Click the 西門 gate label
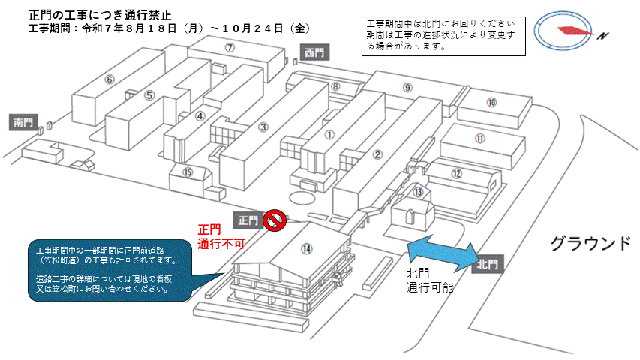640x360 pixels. pyautogui.click(x=314, y=52)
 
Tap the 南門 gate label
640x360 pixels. pyautogui.click(x=23, y=122)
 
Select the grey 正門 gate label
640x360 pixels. pyautogui.click(x=248, y=220)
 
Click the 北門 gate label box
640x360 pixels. pyautogui.click(x=488, y=265)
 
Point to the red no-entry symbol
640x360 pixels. pyautogui.click(x=275, y=220)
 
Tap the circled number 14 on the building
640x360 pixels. pyautogui.click(x=306, y=248)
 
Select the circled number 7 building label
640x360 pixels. pyautogui.click(x=230, y=48)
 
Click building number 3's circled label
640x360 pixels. pyautogui.click(x=263, y=127)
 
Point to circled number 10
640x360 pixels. pyautogui.click(x=491, y=102)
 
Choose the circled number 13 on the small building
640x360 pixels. pyautogui.click(x=418, y=192)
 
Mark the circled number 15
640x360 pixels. pyautogui.click(x=188, y=172)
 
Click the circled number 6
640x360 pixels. pyautogui.click(x=110, y=79)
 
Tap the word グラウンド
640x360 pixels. pyautogui.click(x=590, y=244)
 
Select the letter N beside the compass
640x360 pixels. pyautogui.click(x=602, y=36)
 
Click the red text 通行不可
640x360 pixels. pyautogui.click(x=221, y=244)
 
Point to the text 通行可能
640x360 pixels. pyautogui.click(x=430, y=287)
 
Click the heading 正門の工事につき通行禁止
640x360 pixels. pyautogui.click(x=100, y=15)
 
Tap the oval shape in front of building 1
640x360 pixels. pyautogui.click(x=302, y=197)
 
